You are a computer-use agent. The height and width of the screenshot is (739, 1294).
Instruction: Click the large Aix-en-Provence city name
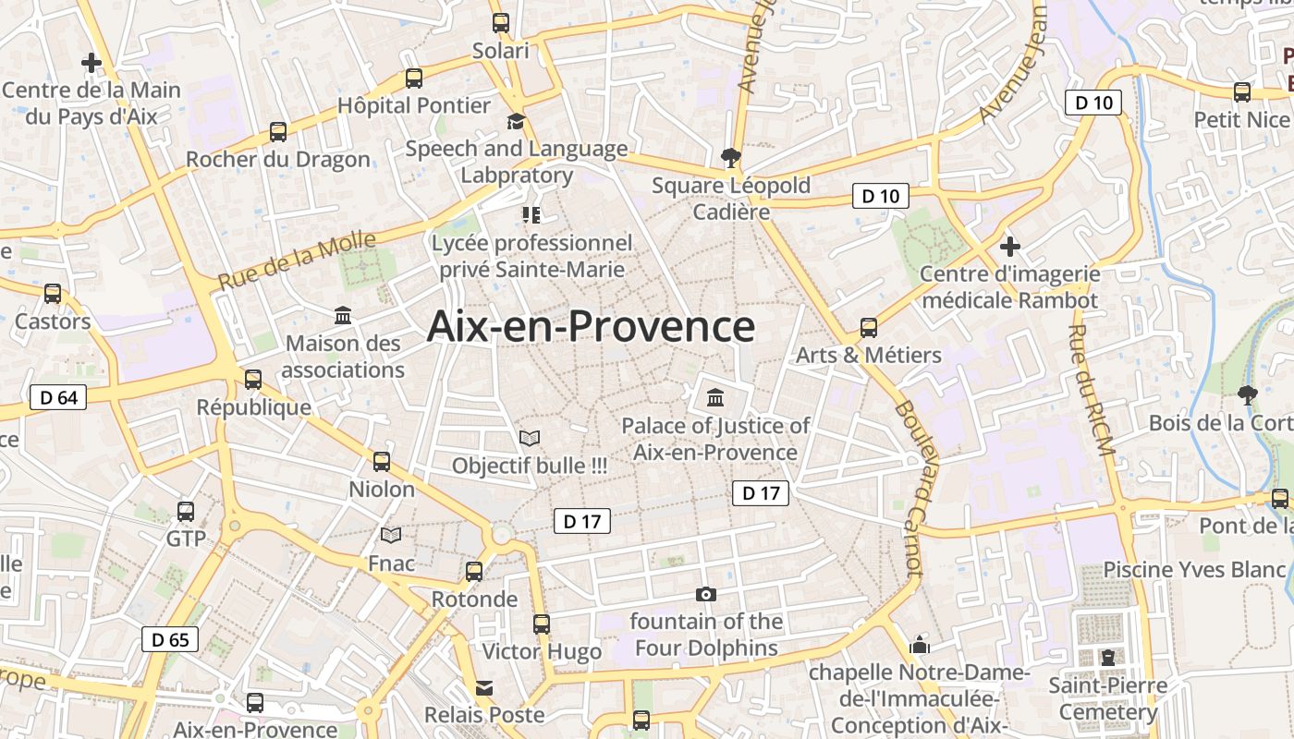(x=591, y=327)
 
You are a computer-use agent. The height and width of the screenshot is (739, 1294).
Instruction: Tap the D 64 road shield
(x=58, y=398)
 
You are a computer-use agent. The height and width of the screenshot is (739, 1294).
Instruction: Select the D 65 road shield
(x=170, y=638)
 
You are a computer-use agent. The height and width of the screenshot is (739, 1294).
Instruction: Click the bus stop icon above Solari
(x=501, y=23)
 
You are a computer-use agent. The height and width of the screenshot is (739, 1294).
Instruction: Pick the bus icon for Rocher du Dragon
(x=278, y=131)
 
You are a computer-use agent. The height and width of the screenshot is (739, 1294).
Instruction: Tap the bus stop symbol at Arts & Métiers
(x=869, y=327)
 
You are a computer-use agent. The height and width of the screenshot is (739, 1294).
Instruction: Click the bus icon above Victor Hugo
(x=542, y=624)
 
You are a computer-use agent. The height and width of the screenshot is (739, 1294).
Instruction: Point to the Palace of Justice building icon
(x=715, y=398)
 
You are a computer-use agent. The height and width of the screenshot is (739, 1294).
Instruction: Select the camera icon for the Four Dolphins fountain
(x=706, y=594)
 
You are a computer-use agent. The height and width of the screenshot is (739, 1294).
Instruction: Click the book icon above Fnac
(x=392, y=535)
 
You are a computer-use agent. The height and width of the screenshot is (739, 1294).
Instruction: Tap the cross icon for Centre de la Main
(x=92, y=63)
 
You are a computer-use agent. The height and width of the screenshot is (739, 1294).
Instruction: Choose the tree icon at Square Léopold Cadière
(x=731, y=157)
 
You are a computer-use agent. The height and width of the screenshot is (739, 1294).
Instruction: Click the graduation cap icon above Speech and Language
(x=516, y=121)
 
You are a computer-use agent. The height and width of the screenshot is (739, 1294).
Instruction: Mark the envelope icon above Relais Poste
(x=484, y=688)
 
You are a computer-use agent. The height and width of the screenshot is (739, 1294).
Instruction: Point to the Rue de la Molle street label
(x=298, y=260)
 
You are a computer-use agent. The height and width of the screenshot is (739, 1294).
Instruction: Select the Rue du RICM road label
(x=1092, y=389)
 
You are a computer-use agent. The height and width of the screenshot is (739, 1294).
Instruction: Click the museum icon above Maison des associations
(x=344, y=316)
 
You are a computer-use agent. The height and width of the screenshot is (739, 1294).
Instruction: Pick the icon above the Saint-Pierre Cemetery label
(x=1107, y=658)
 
